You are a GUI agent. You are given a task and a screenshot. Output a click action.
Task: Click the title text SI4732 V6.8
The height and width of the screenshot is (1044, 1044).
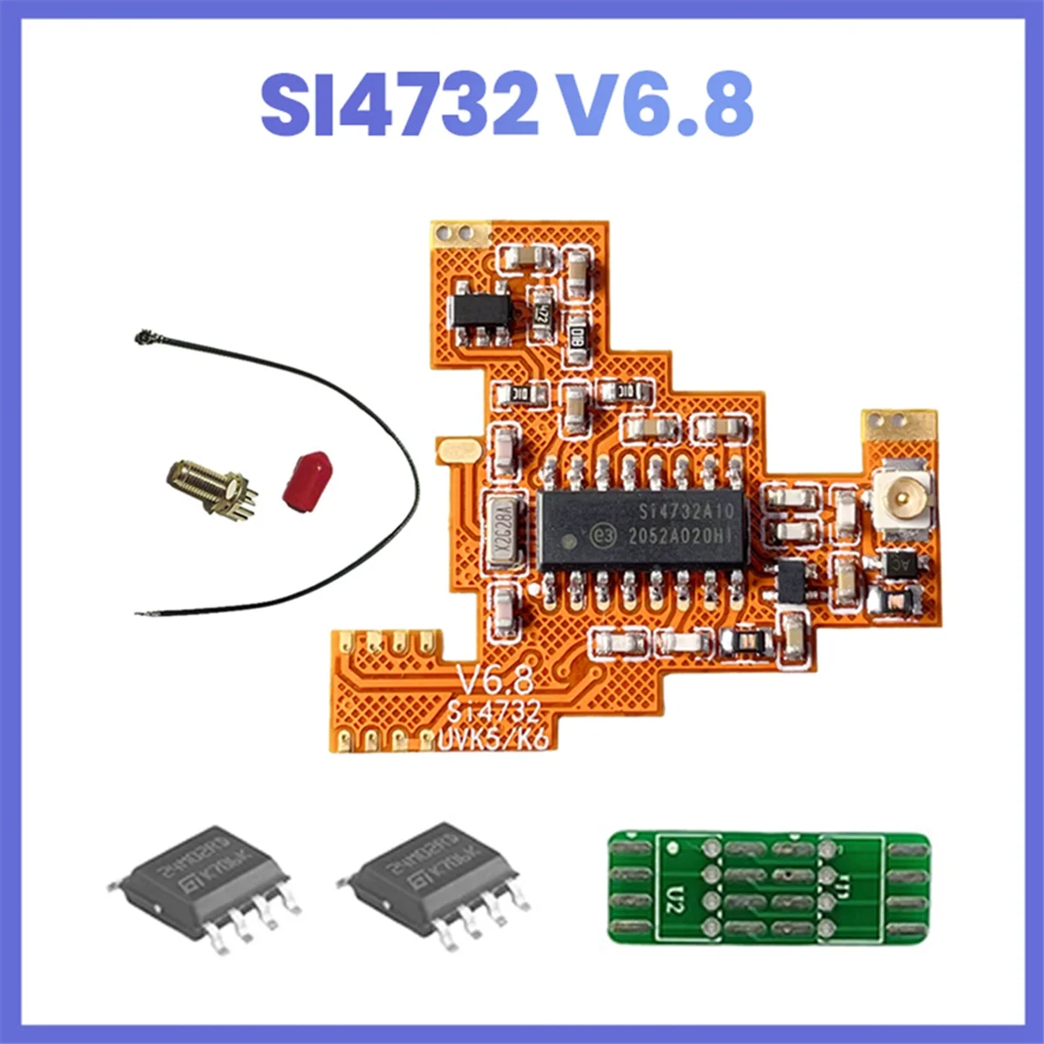(x=507, y=104)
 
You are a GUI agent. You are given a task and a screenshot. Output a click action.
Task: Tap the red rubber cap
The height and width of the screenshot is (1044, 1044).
(x=305, y=478)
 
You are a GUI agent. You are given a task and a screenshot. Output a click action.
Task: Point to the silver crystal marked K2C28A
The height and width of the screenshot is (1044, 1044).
(x=502, y=532)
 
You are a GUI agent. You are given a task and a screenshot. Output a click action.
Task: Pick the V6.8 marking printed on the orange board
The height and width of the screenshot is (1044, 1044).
(x=494, y=678)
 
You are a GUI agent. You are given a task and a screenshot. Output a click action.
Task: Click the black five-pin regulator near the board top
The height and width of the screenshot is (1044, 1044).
(x=478, y=310)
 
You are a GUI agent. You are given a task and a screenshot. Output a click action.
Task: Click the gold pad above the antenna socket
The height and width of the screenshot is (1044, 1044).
(x=900, y=423)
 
